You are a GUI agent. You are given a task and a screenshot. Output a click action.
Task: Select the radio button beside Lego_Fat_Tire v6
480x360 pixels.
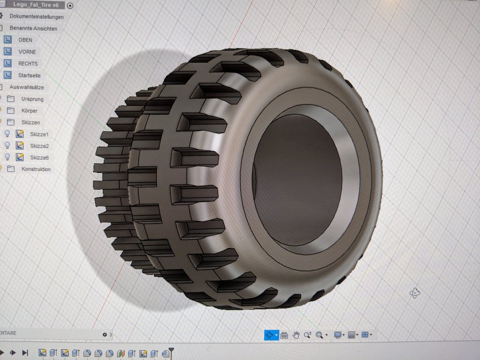(70, 6)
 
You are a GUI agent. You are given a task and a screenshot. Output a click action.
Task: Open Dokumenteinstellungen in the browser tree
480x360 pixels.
(36, 17)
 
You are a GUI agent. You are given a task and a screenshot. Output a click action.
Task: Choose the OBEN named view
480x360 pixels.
(25, 40)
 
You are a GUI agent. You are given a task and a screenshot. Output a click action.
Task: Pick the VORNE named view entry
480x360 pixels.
(27, 52)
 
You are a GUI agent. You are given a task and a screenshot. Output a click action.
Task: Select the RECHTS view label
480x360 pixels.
(28, 64)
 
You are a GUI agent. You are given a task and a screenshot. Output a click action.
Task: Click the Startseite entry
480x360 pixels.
(29, 75)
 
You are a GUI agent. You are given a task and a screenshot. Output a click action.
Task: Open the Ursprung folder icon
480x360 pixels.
(11, 99)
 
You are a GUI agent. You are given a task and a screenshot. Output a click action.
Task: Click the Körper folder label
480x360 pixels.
(30, 110)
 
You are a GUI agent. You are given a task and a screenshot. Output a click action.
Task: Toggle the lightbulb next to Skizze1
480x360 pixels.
(7, 134)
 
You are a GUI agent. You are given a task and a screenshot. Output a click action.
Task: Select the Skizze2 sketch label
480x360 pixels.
(39, 146)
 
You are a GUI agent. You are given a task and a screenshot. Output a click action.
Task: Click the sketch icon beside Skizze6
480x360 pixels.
(20, 157)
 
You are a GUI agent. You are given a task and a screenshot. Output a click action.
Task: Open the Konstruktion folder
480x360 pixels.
(36, 169)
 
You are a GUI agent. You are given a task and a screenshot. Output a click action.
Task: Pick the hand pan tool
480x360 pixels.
(296, 335)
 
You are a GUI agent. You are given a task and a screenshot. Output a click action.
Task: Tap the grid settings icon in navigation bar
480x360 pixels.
(352, 335)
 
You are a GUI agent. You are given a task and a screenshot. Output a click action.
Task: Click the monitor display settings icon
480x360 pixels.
(338, 335)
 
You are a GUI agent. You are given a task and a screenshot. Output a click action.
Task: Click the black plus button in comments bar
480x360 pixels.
(105, 334)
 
